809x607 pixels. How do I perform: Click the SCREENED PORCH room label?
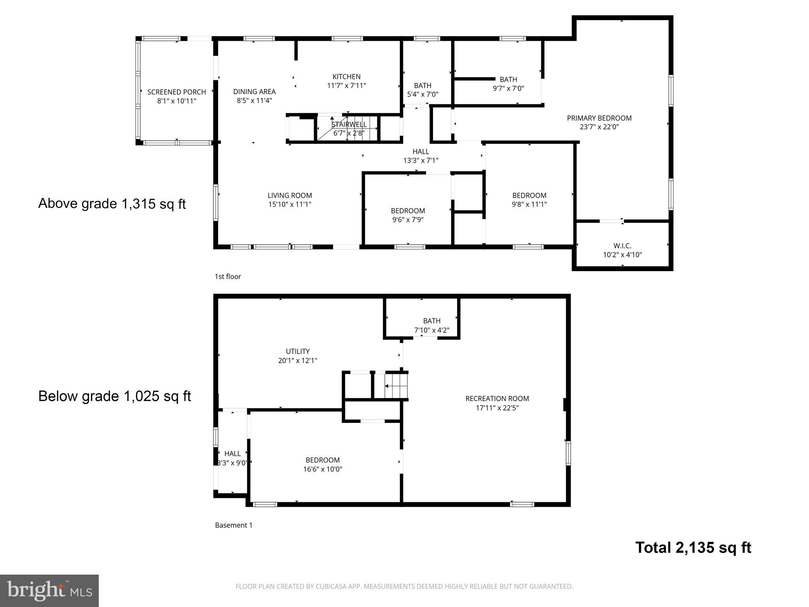pyautogui.click(x=177, y=92)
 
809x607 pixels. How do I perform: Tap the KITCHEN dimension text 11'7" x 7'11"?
pyautogui.click(x=346, y=86)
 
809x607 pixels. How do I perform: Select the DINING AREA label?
pyautogui.click(x=254, y=92)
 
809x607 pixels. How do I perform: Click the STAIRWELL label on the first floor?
pyautogui.click(x=349, y=124)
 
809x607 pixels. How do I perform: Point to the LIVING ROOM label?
pyautogui.click(x=290, y=195)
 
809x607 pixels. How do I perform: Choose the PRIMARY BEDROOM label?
pyautogui.click(x=599, y=118)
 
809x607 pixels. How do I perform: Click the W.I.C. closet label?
pyautogui.click(x=622, y=246)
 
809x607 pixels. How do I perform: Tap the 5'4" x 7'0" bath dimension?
pyautogui.click(x=423, y=94)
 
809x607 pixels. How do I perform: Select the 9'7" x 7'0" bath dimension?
pyautogui.click(x=508, y=89)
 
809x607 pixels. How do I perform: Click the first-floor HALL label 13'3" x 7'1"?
pyautogui.click(x=421, y=152)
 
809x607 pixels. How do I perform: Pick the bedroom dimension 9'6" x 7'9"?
pyautogui.click(x=408, y=220)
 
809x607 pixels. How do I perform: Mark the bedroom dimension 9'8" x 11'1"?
pyautogui.click(x=529, y=204)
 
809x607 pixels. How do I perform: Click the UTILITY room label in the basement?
pyautogui.click(x=297, y=351)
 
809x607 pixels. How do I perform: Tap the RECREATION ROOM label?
pyautogui.click(x=497, y=399)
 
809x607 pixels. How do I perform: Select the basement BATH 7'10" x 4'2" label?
pyautogui.click(x=431, y=321)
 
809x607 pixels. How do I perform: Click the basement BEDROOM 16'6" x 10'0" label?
pyautogui.click(x=322, y=460)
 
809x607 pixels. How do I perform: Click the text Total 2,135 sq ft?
pyautogui.click(x=693, y=548)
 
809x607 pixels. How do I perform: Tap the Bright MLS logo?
pyautogui.click(x=49, y=590)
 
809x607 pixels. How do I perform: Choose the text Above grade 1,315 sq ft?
pyautogui.click(x=112, y=204)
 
